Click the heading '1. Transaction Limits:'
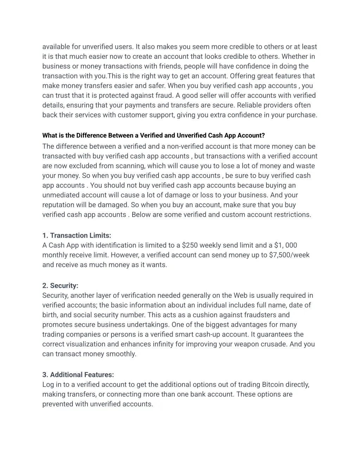click(77, 236)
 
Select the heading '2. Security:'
click(60, 286)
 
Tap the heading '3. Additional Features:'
click(78, 375)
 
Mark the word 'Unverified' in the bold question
click(191, 135)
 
